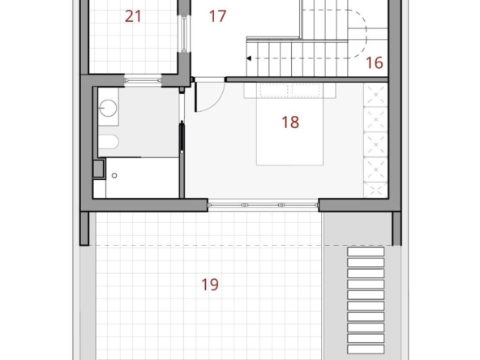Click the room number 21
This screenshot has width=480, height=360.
[133, 16]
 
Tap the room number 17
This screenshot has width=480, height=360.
[217, 16]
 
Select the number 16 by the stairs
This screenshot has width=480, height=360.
[375, 62]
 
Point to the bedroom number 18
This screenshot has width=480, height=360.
[290, 122]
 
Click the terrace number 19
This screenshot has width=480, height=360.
[210, 285]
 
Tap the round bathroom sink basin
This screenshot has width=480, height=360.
[108, 108]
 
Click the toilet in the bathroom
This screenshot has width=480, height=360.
[109, 142]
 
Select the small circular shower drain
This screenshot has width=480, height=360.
[114, 175]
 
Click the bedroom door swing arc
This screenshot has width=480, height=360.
[216, 103]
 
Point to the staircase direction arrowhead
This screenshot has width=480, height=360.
[249, 58]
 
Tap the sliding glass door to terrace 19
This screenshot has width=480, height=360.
[263, 205]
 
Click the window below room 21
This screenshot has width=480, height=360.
[143, 80]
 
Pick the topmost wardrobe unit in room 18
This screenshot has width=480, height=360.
[375, 95]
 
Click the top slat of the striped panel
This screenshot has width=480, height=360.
[366, 251]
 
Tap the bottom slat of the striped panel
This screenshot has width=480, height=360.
[366, 349]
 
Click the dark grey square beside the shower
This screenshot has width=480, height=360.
[98, 169]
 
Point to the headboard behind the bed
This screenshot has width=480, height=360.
[290, 91]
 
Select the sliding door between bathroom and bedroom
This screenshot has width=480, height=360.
[182, 137]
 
